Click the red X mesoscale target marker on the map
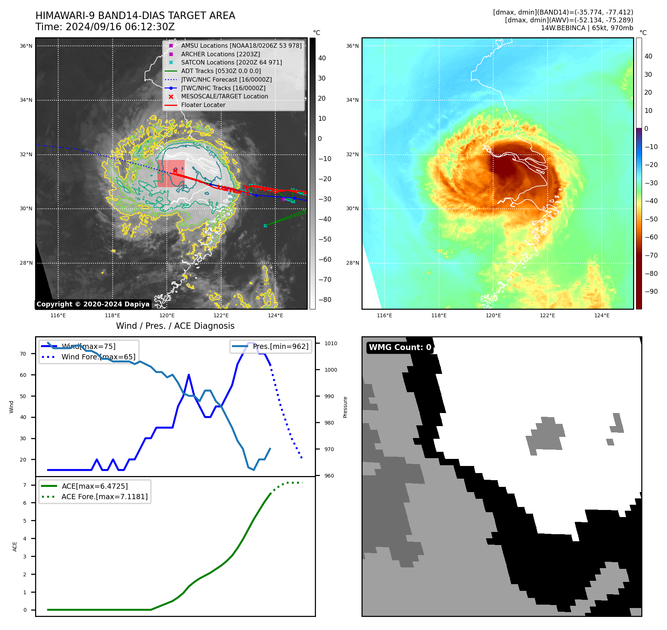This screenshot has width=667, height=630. click(175, 171)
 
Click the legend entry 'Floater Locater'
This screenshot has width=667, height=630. click(203, 105)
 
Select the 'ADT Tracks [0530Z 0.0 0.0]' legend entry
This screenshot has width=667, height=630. click(221, 71)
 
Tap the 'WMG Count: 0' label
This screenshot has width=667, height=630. click(400, 347)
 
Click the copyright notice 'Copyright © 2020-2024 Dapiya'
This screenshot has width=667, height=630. click(93, 304)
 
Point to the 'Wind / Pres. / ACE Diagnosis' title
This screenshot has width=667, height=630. click(175, 326)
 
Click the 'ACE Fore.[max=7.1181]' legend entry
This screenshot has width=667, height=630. click(104, 497)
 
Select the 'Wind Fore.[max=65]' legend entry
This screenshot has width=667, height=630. click(98, 357)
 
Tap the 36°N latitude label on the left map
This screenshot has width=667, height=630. click(26, 46)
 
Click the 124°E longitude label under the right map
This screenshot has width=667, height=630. click(602, 316)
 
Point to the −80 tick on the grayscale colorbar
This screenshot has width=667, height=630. click(325, 300)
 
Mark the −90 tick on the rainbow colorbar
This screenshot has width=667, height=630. click(651, 292)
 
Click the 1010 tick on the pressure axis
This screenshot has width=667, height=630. click(331, 344)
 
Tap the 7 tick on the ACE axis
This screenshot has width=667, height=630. click(25, 485)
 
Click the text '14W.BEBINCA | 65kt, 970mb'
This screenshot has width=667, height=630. click(587, 28)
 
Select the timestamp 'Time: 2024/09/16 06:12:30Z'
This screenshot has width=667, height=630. click(105, 27)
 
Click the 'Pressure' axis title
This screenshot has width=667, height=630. click(345, 407)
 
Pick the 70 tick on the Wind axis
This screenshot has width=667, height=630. click(23, 354)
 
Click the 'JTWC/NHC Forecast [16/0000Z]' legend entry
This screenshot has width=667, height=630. click(226, 80)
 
